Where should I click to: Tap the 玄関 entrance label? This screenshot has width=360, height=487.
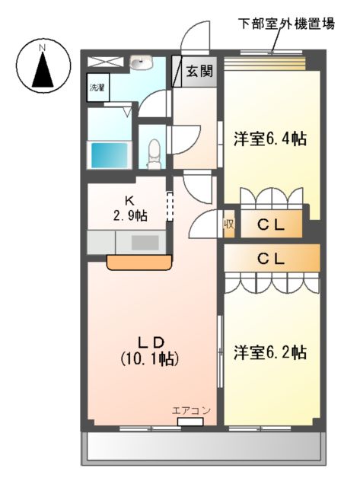coord(199,73)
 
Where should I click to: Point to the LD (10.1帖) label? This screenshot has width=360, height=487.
coord(150,348)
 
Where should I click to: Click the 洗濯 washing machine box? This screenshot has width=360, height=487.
coord(97,88)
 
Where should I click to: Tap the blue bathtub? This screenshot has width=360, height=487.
coord(108,155)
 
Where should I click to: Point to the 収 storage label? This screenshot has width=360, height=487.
coord(228,225)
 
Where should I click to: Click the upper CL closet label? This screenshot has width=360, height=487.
coord(270,224)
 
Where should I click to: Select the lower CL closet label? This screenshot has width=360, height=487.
coord(270,258)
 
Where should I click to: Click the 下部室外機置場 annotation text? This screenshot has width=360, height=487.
coord(286,22)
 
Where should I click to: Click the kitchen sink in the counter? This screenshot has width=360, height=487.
coord(145,243)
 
